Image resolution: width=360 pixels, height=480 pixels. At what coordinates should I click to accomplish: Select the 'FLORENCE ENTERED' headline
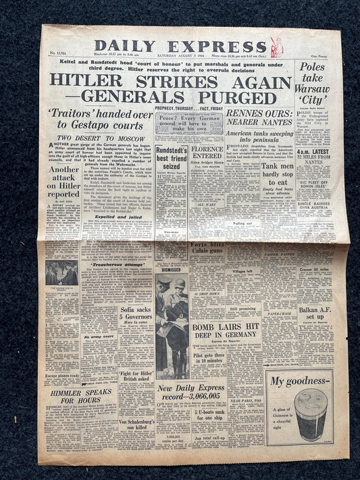tap(207, 152)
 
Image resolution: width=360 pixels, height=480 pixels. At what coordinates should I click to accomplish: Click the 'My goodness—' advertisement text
tap(300, 381)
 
